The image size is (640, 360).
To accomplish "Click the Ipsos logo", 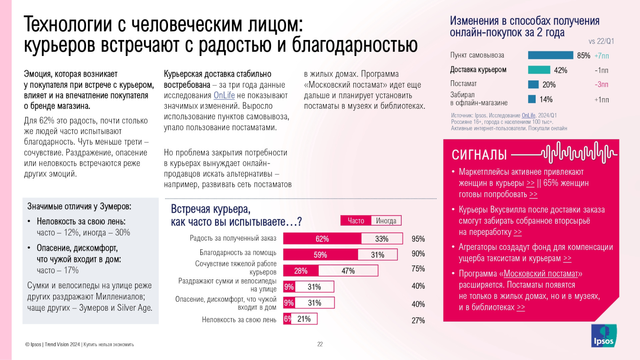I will point(604,336).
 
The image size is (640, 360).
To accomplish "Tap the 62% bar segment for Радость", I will point(322,239).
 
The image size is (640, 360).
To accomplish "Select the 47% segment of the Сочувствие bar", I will point(348,271).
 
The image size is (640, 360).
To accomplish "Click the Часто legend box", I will point(356,221).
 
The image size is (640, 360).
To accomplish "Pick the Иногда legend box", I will point(386,221).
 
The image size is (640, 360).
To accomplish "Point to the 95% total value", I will point(418,239).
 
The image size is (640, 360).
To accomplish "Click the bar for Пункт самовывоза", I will point(550,55).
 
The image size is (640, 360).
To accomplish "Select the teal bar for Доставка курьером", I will point(539,70).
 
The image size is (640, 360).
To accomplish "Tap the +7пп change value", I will point(601,56).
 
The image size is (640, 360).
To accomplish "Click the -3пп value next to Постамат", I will point(601,85).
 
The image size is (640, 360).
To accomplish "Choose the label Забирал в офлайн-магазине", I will point(479,99).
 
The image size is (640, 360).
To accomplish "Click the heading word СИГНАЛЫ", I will point(479,155).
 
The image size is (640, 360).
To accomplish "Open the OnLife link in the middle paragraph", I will point(224,95).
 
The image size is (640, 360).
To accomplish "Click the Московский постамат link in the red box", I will point(541,274).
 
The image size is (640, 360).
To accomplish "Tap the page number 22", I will point(320,344).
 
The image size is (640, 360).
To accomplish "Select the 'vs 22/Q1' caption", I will point(601,41).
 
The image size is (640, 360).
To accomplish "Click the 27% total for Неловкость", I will point(418,320).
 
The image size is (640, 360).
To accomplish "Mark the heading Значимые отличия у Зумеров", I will point(79,207).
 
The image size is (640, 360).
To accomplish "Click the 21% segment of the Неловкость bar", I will point(304,319).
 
